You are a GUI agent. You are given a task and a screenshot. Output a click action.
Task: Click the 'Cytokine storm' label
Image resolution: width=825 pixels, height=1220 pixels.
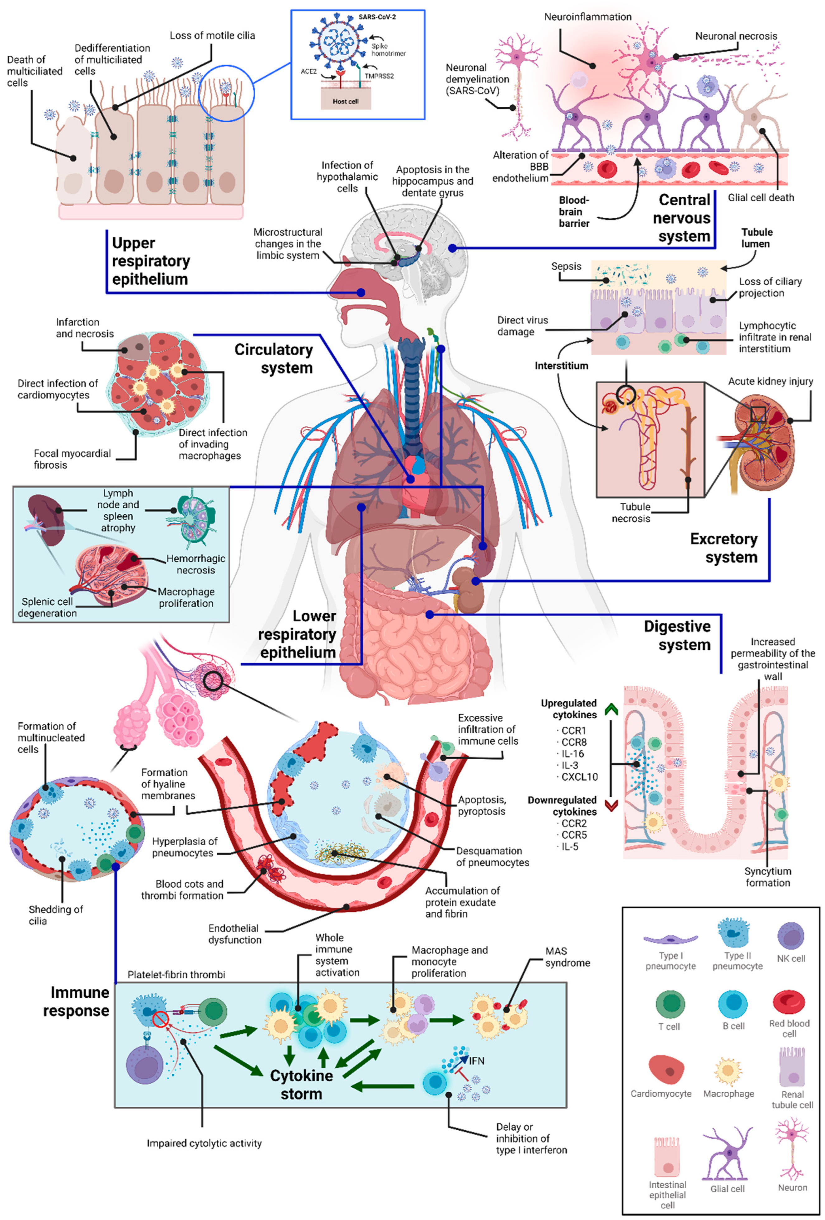(x=301, y=1085)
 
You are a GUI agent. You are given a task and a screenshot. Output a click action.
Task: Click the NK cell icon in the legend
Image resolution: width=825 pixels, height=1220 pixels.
(x=790, y=936)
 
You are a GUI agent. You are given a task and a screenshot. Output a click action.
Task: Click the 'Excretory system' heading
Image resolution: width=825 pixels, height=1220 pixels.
(x=723, y=548)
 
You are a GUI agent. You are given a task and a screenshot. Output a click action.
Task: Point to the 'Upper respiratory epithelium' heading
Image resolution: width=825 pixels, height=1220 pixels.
(x=151, y=261)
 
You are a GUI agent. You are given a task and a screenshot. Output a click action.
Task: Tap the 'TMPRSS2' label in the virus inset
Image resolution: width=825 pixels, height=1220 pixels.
(x=379, y=76)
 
